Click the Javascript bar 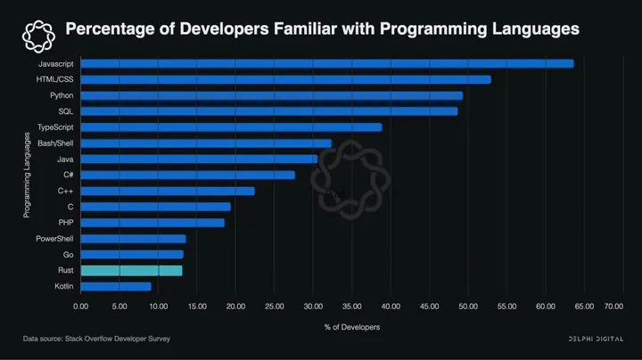[326, 63]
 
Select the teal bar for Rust [131, 270]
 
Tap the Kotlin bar [116, 286]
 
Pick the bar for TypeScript [231, 127]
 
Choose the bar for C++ [168, 191]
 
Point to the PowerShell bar [133, 239]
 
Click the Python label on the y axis [62, 95]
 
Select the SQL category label [65, 111]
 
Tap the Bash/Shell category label [55, 143]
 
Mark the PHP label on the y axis [65, 223]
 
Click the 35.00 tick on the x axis [351, 307]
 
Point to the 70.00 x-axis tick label [613, 307]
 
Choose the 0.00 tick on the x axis [80, 307]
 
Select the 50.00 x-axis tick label [467, 307]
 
